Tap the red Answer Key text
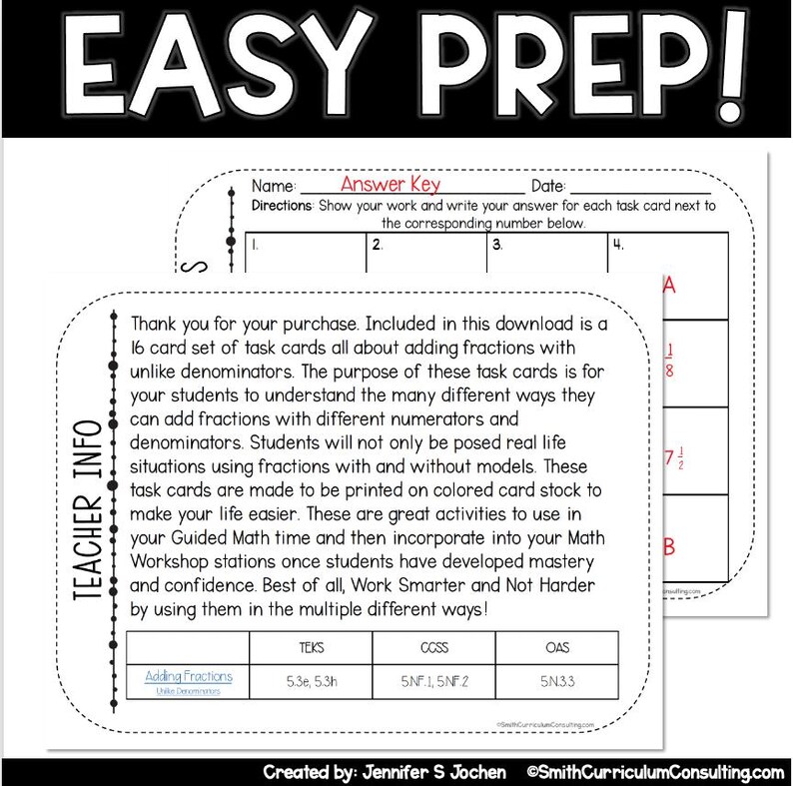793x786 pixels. (x=390, y=185)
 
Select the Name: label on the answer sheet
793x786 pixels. (x=274, y=187)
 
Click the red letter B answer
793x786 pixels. (x=670, y=546)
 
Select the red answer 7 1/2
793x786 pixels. (x=674, y=460)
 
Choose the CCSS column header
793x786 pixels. (x=433, y=647)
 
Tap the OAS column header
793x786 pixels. (x=557, y=647)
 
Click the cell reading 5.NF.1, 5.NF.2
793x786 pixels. (x=433, y=682)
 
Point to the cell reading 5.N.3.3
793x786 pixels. (x=557, y=682)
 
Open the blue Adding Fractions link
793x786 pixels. (x=189, y=676)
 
